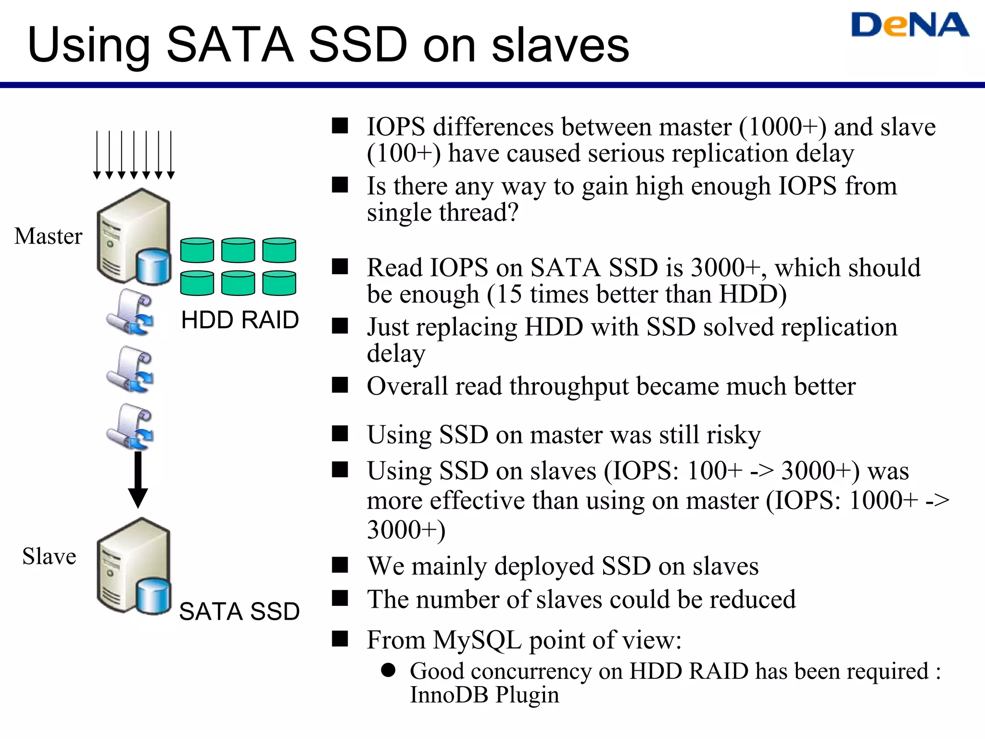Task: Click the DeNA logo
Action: pyautogui.click(x=909, y=25)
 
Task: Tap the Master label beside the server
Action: pyautogui.click(x=48, y=236)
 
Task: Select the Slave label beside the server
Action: pyautogui.click(x=49, y=556)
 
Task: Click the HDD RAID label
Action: pyautogui.click(x=240, y=320)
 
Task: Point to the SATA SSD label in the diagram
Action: pyautogui.click(x=239, y=612)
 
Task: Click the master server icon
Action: pyautogui.click(x=133, y=236)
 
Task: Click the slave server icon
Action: pyautogui.click(x=133, y=566)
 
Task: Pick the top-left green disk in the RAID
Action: pyautogui.click(x=197, y=250)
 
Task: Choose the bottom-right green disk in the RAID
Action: pyautogui.click(x=279, y=283)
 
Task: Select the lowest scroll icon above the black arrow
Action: pyautogui.click(x=130, y=426)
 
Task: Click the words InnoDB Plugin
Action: pyautogui.click(x=484, y=695)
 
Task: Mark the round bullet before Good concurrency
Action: pyautogui.click(x=388, y=670)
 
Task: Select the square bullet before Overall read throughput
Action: pyautogui.click(x=340, y=385)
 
